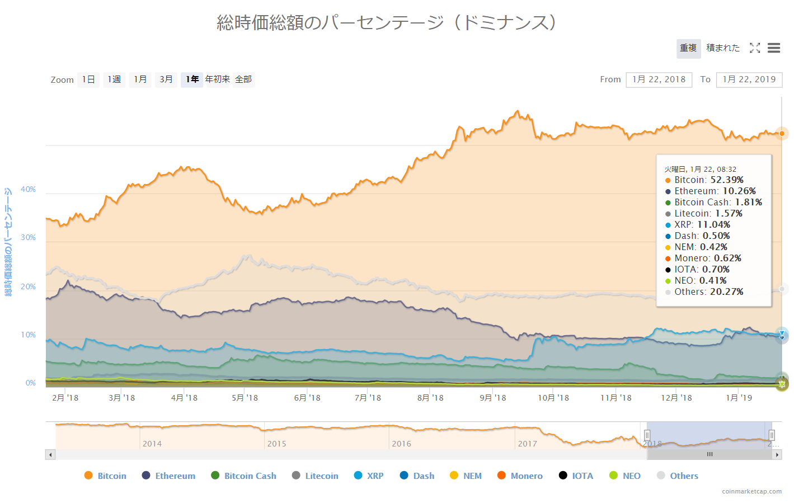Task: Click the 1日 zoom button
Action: coord(88,79)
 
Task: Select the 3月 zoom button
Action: coord(166,79)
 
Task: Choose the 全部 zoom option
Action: coord(243,79)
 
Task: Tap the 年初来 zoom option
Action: coord(217,79)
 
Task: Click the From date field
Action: coord(659,79)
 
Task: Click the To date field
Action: coord(749,79)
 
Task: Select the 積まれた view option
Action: coord(722,48)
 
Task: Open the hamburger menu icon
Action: coord(774,48)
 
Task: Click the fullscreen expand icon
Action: coord(755,48)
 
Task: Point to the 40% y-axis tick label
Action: coord(29,190)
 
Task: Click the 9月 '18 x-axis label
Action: coord(492,398)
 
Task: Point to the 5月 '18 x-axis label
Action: coord(245,398)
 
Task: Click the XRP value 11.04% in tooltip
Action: coord(713,225)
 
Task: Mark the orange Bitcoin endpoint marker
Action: coord(782,134)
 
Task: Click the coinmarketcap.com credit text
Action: coord(751,491)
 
